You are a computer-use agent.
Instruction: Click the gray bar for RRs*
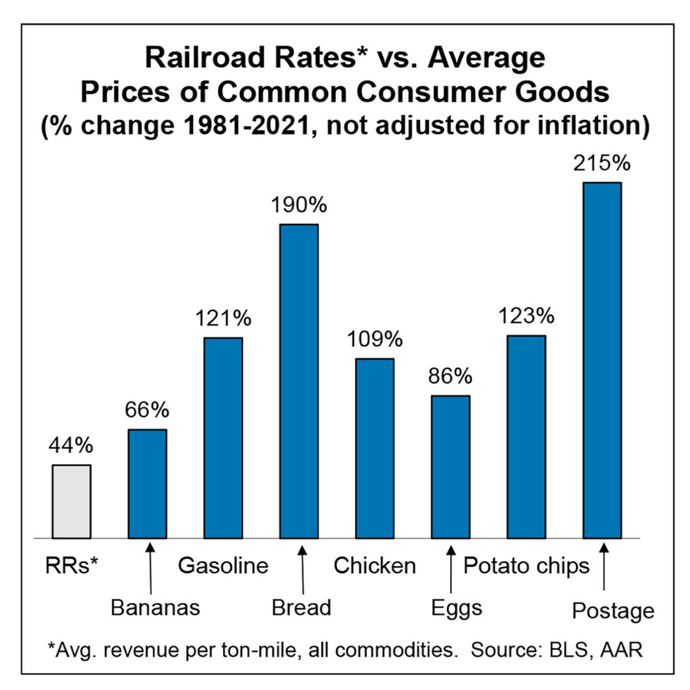pos(71,501)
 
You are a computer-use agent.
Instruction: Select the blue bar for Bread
pos(299,381)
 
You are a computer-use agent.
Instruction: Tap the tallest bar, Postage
pos(602,360)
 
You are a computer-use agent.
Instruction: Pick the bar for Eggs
pos(450,466)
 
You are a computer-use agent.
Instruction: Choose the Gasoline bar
pos(223,437)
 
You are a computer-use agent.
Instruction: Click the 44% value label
pos(71,446)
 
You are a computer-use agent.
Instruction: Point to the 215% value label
pos(602,164)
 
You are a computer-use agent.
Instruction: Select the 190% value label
pos(299,206)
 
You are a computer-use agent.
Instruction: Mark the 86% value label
pos(450,377)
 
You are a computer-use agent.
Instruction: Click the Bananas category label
pos(156,608)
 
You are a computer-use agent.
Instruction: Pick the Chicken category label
pos(375,565)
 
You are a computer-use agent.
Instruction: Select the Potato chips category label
pos(526,565)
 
